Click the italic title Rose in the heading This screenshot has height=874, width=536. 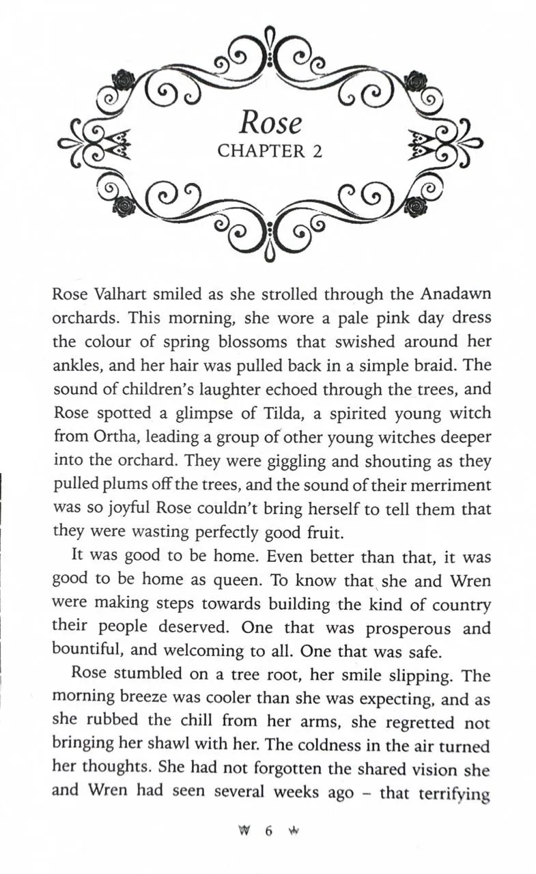[x=270, y=123]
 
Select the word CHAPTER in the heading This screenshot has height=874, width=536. [x=261, y=152]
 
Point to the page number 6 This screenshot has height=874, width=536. [x=269, y=831]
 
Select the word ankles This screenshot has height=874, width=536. [x=76, y=365]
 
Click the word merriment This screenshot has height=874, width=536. [x=445, y=485]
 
